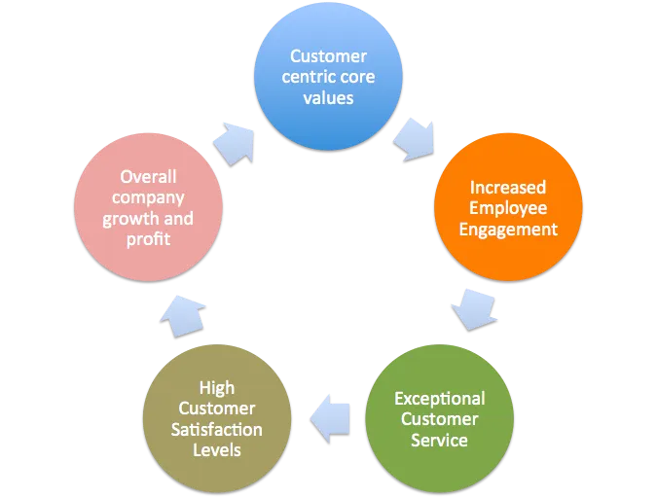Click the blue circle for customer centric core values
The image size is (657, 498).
[328, 77]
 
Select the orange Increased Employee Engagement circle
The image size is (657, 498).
[507, 207]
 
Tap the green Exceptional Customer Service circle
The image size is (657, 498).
[439, 420]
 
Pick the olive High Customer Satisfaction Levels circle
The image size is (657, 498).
[217, 419]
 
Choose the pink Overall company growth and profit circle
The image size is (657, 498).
[148, 207]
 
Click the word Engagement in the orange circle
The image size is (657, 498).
[508, 230]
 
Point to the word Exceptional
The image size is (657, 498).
[439, 399]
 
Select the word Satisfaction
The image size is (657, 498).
[217, 429]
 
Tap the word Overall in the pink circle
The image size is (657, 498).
[148, 176]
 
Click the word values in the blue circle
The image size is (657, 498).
[329, 98]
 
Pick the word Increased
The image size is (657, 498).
[508, 187]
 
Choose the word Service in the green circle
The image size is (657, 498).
[439, 441]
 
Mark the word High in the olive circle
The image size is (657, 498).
[217, 388]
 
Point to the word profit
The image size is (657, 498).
[148, 238]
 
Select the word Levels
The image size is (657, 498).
[217, 450]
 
